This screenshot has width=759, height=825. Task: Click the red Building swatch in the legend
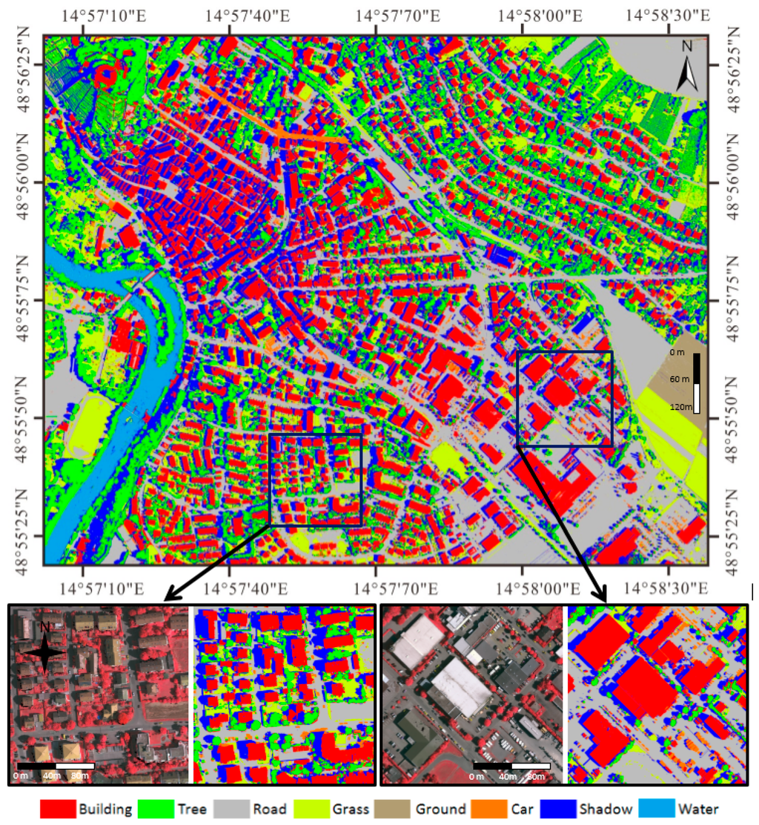tap(57, 809)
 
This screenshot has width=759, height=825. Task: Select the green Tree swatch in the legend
tap(158, 809)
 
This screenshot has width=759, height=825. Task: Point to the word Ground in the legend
tap(440, 809)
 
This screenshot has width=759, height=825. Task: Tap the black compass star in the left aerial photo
tap(45, 649)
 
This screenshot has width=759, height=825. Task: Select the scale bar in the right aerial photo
tap(511, 765)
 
